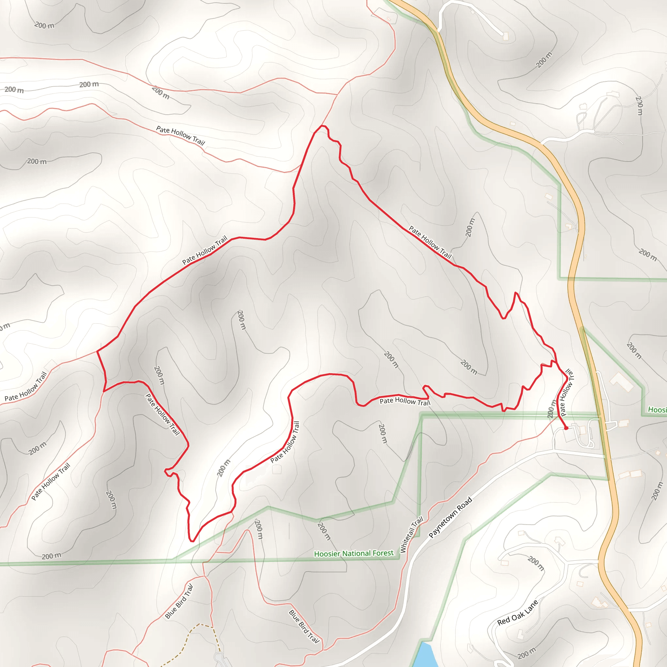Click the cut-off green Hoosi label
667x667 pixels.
tap(657, 410)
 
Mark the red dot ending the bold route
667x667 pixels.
tap(566, 428)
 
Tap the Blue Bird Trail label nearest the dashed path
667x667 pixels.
tap(179, 602)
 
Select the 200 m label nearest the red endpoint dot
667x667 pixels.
tap(552, 409)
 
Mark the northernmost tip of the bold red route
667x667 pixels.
tap(323, 126)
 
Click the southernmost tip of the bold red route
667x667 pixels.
tap(192, 541)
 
